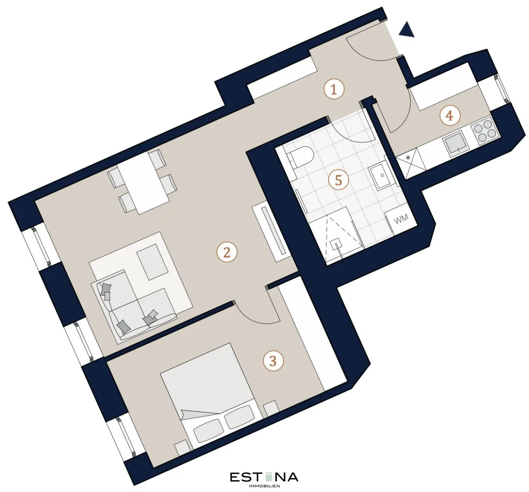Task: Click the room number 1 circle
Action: point(334,89)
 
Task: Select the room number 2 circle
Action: point(227,252)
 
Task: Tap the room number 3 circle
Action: point(273,361)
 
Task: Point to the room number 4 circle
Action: point(450,116)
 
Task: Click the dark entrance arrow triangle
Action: point(407,30)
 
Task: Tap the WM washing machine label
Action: point(401,219)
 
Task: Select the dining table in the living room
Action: point(143,183)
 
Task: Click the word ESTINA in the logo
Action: point(264,477)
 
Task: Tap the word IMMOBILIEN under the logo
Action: point(264,486)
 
